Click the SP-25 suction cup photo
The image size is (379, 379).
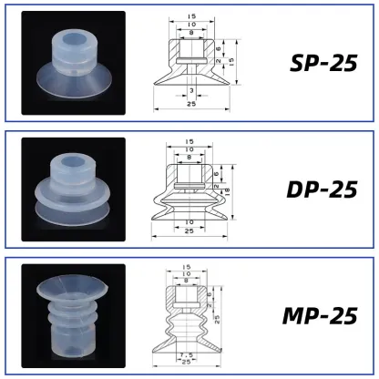click(72, 63)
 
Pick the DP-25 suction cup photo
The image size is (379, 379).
click(72, 189)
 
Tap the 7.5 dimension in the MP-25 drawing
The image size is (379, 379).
click(187, 355)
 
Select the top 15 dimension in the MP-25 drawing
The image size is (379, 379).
click(187, 268)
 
